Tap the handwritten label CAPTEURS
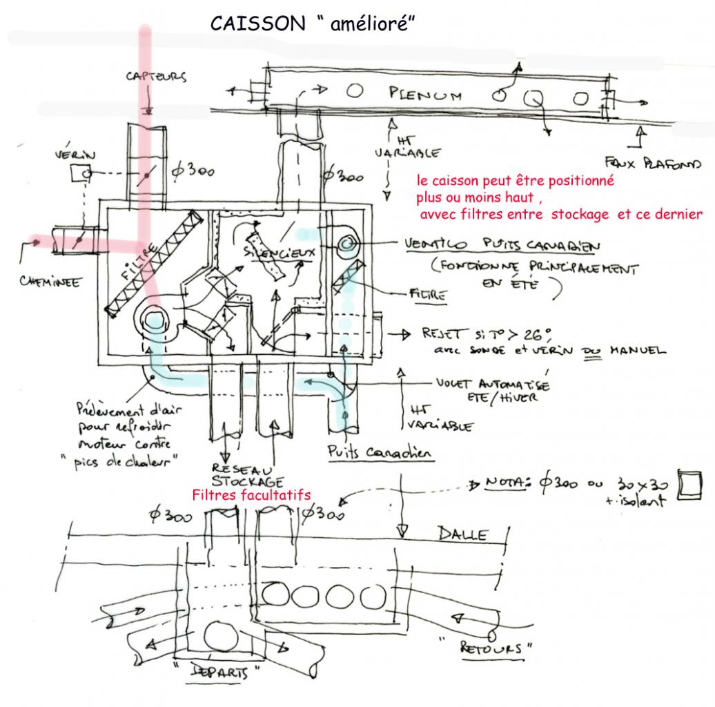[155, 77]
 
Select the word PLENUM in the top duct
[425, 95]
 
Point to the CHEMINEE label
[48, 281]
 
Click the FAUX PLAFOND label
[652, 164]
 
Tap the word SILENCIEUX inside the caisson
[280, 253]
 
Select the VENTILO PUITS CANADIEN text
[502, 245]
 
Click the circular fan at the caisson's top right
[346, 244]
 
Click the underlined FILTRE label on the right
[428, 295]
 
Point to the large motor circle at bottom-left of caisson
[155, 322]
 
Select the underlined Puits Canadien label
[380, 452]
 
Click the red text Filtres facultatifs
[251, 495]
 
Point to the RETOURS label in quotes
[498, 648]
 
